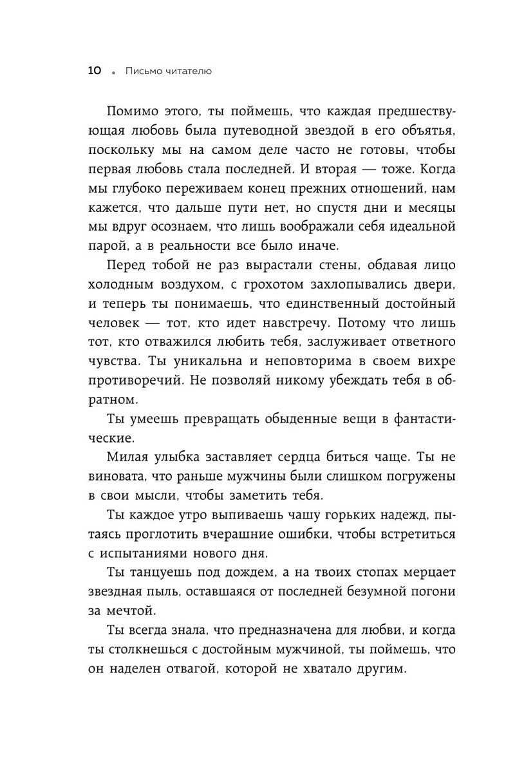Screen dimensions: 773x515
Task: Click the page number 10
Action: point(95,72)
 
